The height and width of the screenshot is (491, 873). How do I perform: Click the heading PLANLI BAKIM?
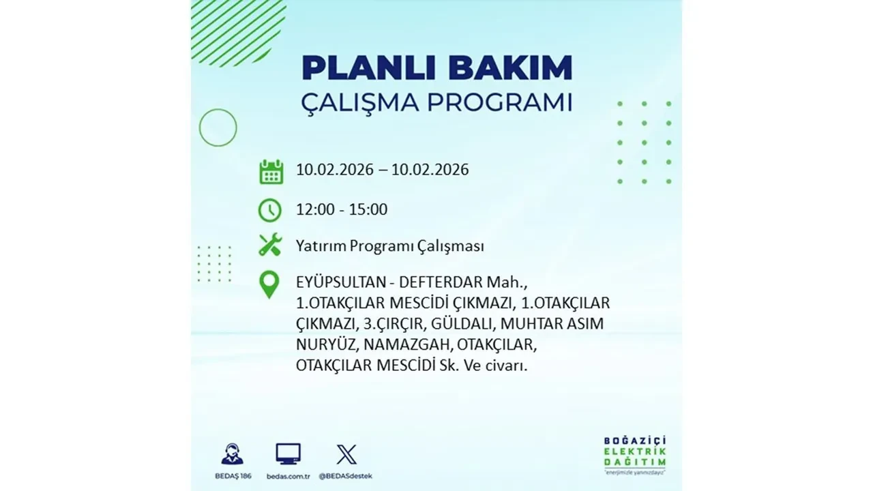point(436,68)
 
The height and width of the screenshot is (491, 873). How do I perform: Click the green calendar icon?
point(271,171)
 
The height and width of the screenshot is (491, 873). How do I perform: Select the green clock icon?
point(270,209)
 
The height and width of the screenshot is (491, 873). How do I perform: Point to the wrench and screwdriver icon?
point(270,245)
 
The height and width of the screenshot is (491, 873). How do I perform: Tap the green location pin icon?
point(270,285)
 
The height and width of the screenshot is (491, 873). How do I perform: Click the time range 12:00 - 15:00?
point(342,209)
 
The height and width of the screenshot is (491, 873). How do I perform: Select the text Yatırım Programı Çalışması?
point(390,246)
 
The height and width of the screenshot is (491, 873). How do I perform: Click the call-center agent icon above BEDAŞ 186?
point(232,454)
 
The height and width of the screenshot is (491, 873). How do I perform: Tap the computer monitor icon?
point(288,454)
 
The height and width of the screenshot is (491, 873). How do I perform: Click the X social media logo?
point(346,454)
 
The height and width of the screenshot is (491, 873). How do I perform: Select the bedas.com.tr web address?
point(288,475)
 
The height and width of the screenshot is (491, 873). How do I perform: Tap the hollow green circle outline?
point(218,128)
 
